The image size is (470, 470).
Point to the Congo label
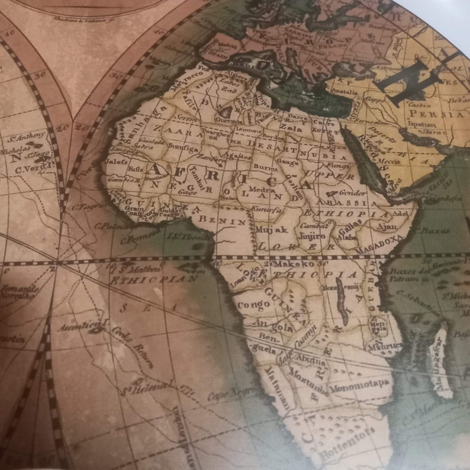click(254, 305)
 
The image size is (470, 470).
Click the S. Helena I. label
click(143, 391)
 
